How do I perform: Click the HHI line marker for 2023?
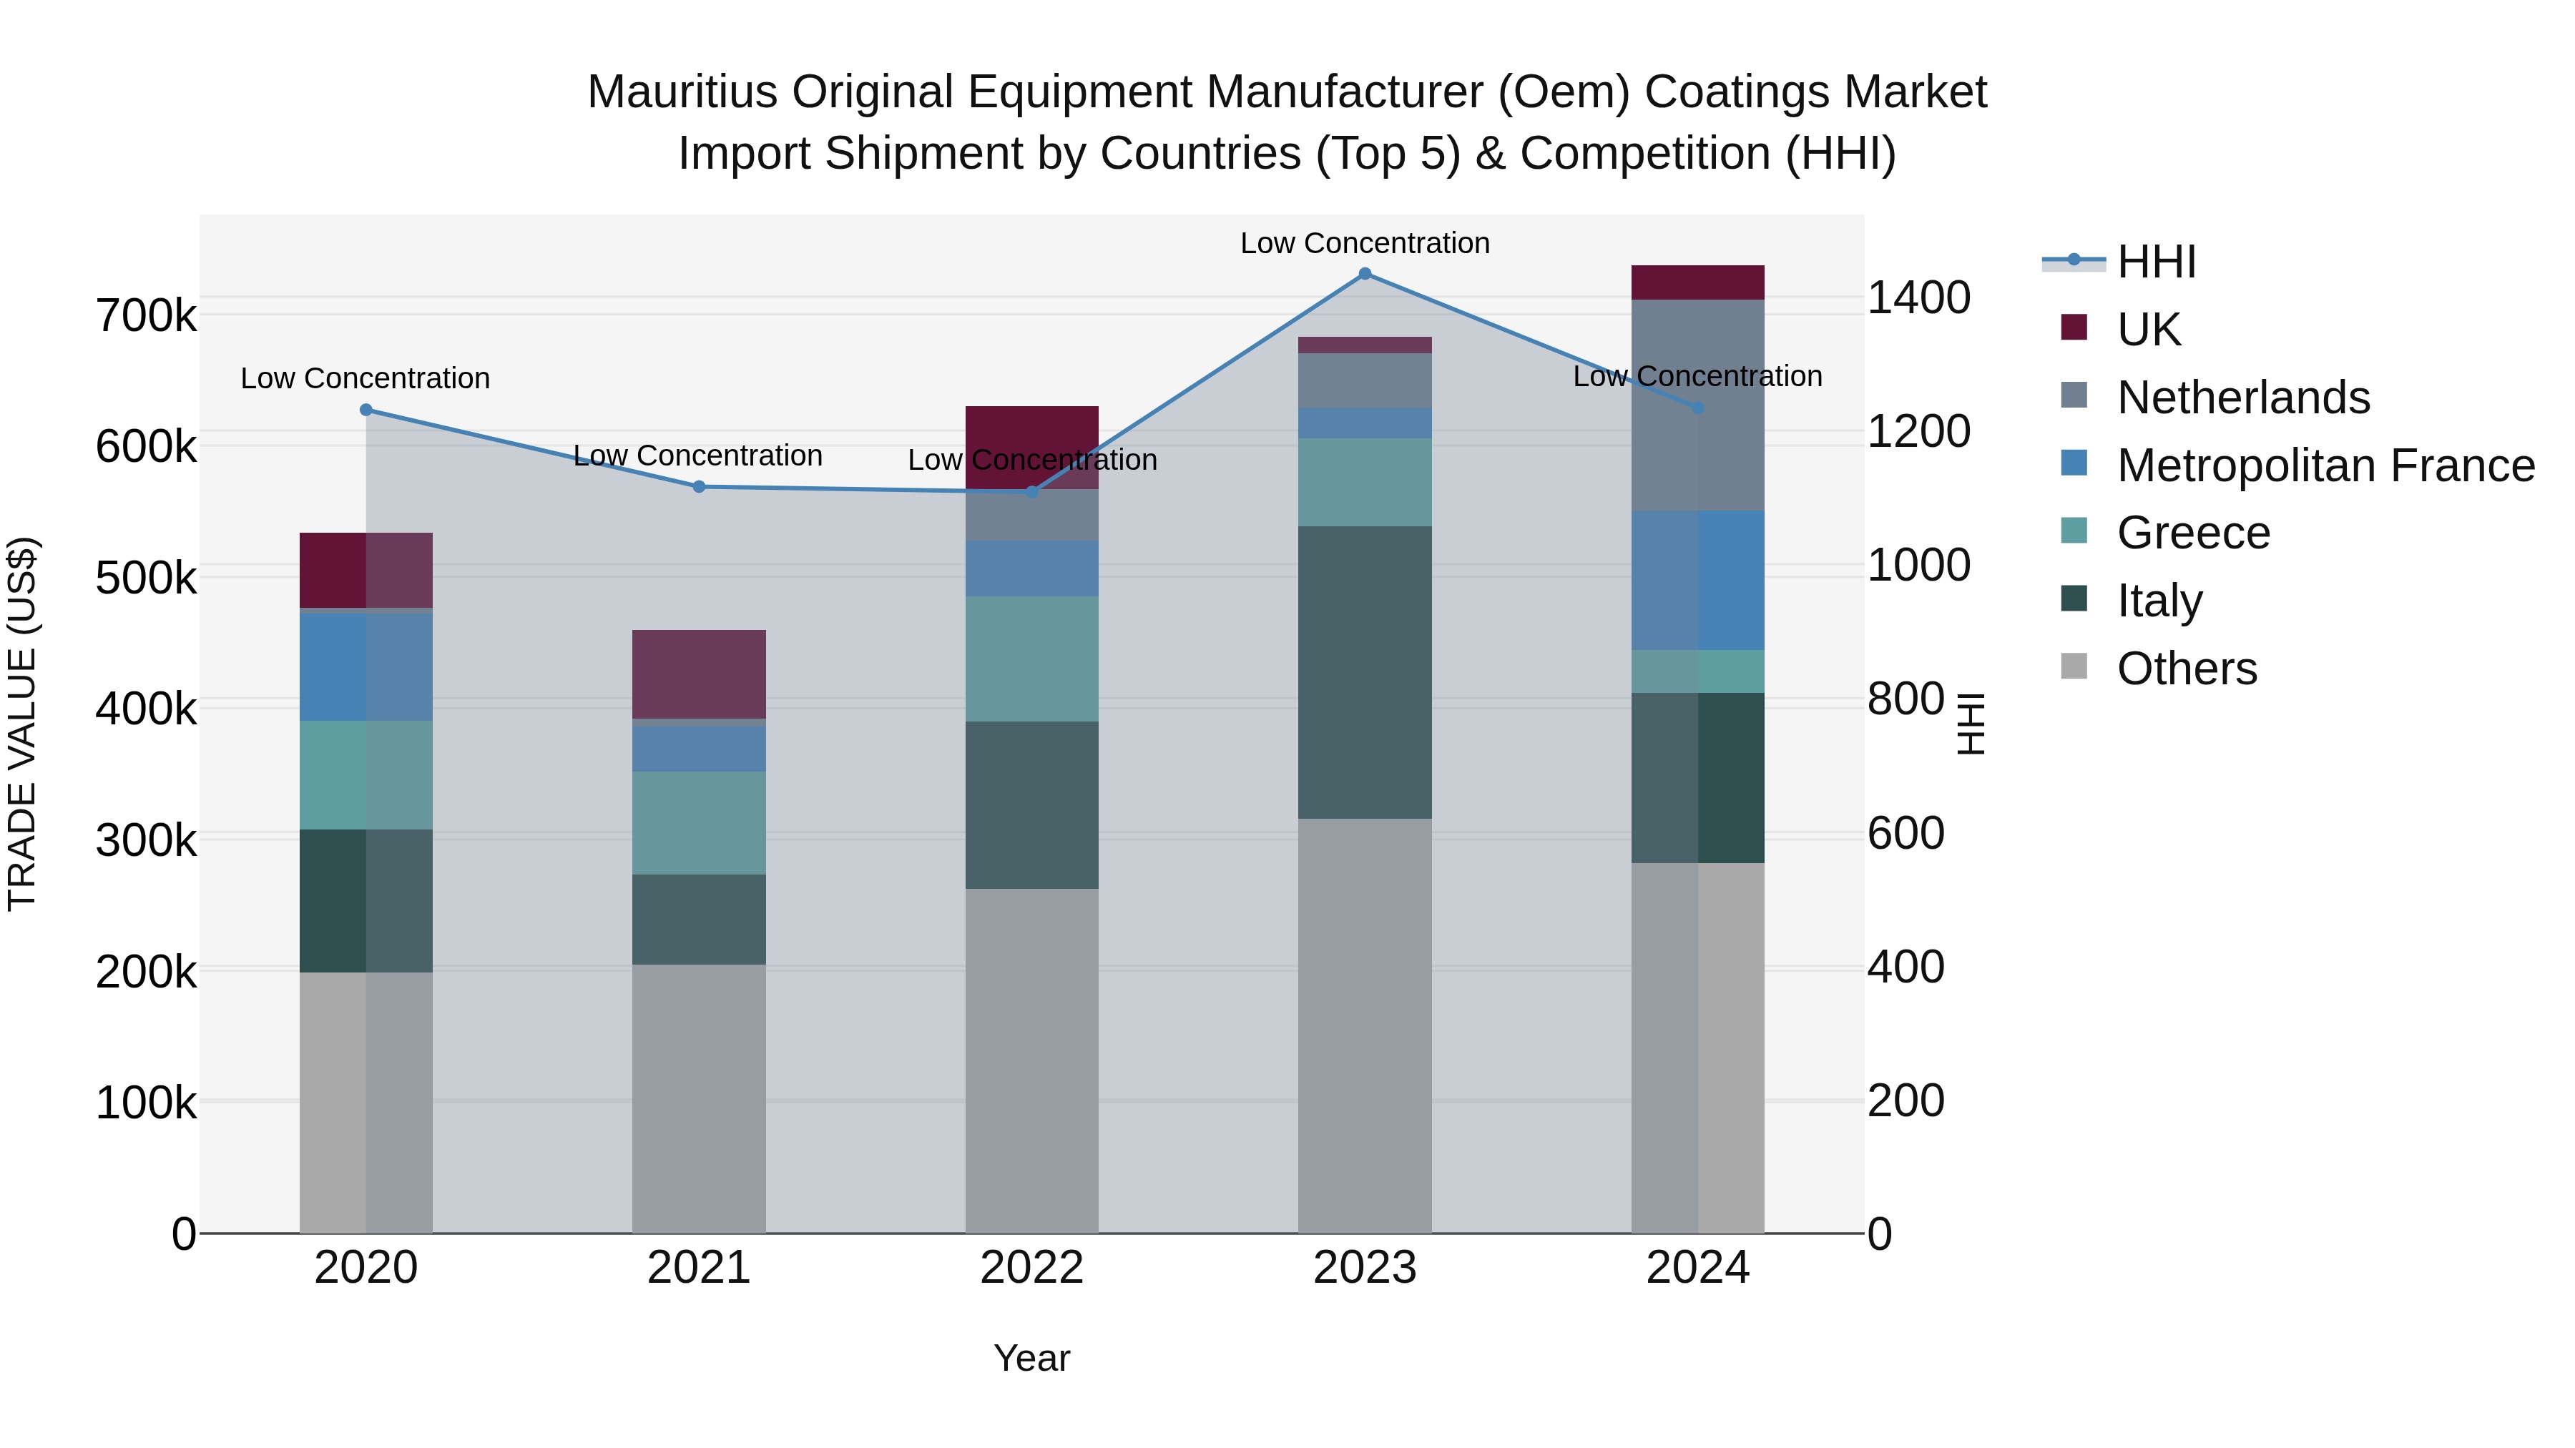coord(1365,274)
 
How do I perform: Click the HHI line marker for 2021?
coord(699,487)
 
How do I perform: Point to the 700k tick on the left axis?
coord(146,316)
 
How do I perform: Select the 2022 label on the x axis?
coord(1031,1268)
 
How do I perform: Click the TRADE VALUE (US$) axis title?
coord(22,724)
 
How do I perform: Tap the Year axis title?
coord(1031,1358)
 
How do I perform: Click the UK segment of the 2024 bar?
coord(1697,282)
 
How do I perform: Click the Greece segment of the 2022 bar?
coord(1031,659)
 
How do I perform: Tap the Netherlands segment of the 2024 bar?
coord(1697,405)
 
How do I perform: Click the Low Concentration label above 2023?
coord(1365,243)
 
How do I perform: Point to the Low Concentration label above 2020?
coord(365,379)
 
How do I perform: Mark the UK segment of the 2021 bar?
coord(699,674)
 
